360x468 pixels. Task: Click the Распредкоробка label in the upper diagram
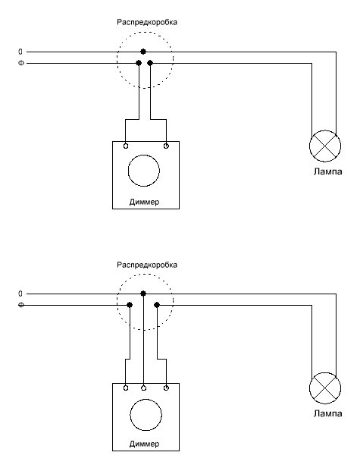[147, 23]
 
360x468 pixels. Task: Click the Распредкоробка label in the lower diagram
[147, 265]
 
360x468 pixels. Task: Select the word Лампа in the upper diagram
[327, 171]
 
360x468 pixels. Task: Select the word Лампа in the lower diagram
[327, 413]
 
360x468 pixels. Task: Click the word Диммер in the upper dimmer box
[144, 202]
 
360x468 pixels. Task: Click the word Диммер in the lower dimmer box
[144, 444]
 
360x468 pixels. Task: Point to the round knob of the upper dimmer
[144, 155]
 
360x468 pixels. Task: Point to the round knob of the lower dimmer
[146, 399]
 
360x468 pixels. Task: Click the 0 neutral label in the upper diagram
[20, 52]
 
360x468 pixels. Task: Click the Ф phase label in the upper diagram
[21, 63]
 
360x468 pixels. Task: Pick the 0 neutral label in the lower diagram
[20, 294]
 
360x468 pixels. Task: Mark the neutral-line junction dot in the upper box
[143, 52]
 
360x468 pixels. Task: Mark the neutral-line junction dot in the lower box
[143, 294]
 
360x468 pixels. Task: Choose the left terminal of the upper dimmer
[126, 146]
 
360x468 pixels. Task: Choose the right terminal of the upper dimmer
[166, 146]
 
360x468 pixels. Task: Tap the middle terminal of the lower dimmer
[144, 388]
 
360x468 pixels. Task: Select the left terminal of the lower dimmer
[126, 388]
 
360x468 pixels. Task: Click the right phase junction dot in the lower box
[157, 305]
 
